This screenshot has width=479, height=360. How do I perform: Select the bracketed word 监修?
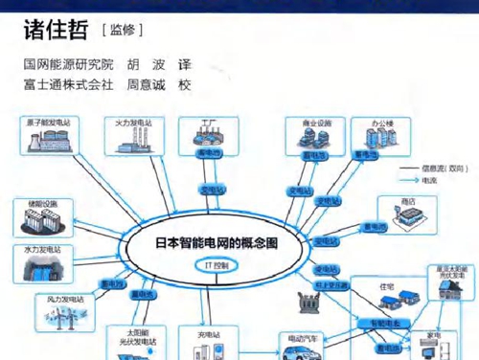pyautogui.click(x=122, y=30)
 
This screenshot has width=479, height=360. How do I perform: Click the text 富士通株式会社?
pyautogui.click(x=66, y=83)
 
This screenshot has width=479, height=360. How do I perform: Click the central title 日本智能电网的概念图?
pyautogui.click(x=216, y=243)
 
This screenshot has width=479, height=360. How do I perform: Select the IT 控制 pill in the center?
pyautogui.click(x=216, y=262)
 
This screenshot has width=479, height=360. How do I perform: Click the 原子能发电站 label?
pyautogui.click(x=47, y=124)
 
